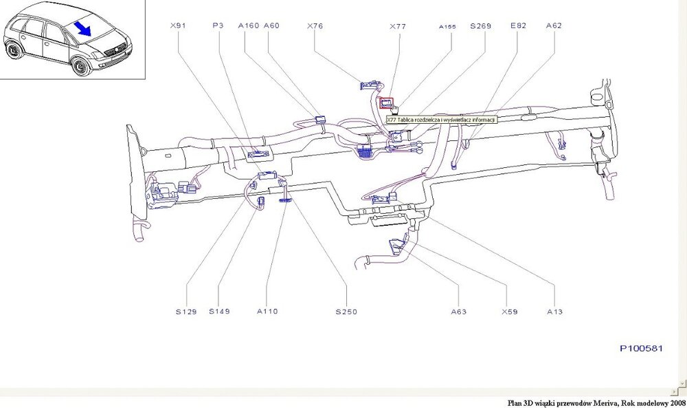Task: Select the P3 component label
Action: pos(218,25)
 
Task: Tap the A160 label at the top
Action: pos(248,25)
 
